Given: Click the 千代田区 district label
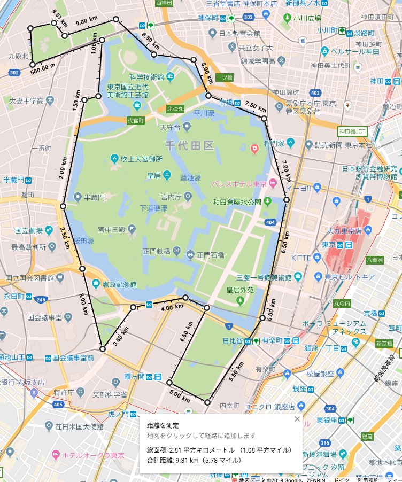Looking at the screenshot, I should pos(189,145).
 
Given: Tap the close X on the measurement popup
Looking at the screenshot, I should pos(297,419).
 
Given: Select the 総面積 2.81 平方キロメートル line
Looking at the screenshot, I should pos(219,450).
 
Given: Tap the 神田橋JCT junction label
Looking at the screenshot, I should pos(352,130).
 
